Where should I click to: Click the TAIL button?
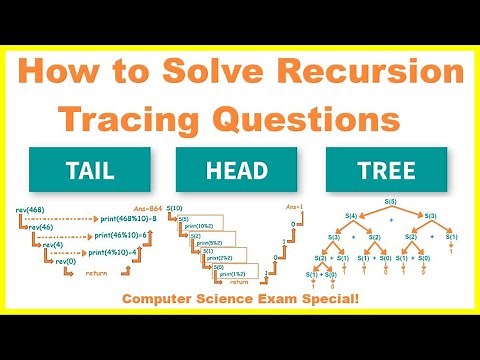coord(87,170)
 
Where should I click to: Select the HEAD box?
coord(240,170)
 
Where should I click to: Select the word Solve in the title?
coord(201,72)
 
